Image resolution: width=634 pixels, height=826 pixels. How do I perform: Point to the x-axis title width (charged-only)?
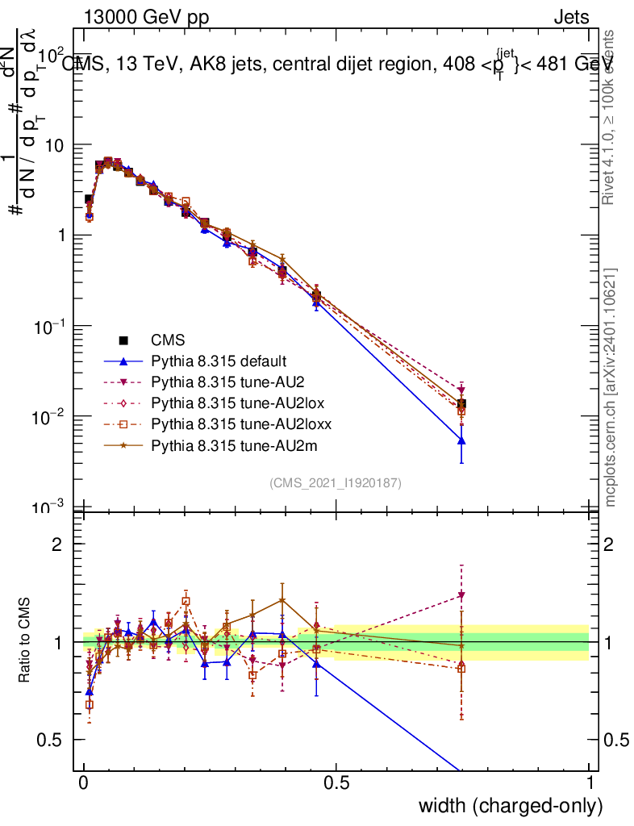click(511, 805)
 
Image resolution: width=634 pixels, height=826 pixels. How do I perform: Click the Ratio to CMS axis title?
click(25, 642)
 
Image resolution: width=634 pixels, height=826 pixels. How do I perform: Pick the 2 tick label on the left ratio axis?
click(57, 544)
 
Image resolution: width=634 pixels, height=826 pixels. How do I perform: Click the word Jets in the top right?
click(571, 17)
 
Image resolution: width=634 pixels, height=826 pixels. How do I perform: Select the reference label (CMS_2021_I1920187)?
click(336, 482)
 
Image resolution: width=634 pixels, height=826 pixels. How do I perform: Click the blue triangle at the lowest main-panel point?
click(461, 440)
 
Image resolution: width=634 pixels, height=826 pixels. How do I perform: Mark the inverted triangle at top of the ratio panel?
click(461, 595)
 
